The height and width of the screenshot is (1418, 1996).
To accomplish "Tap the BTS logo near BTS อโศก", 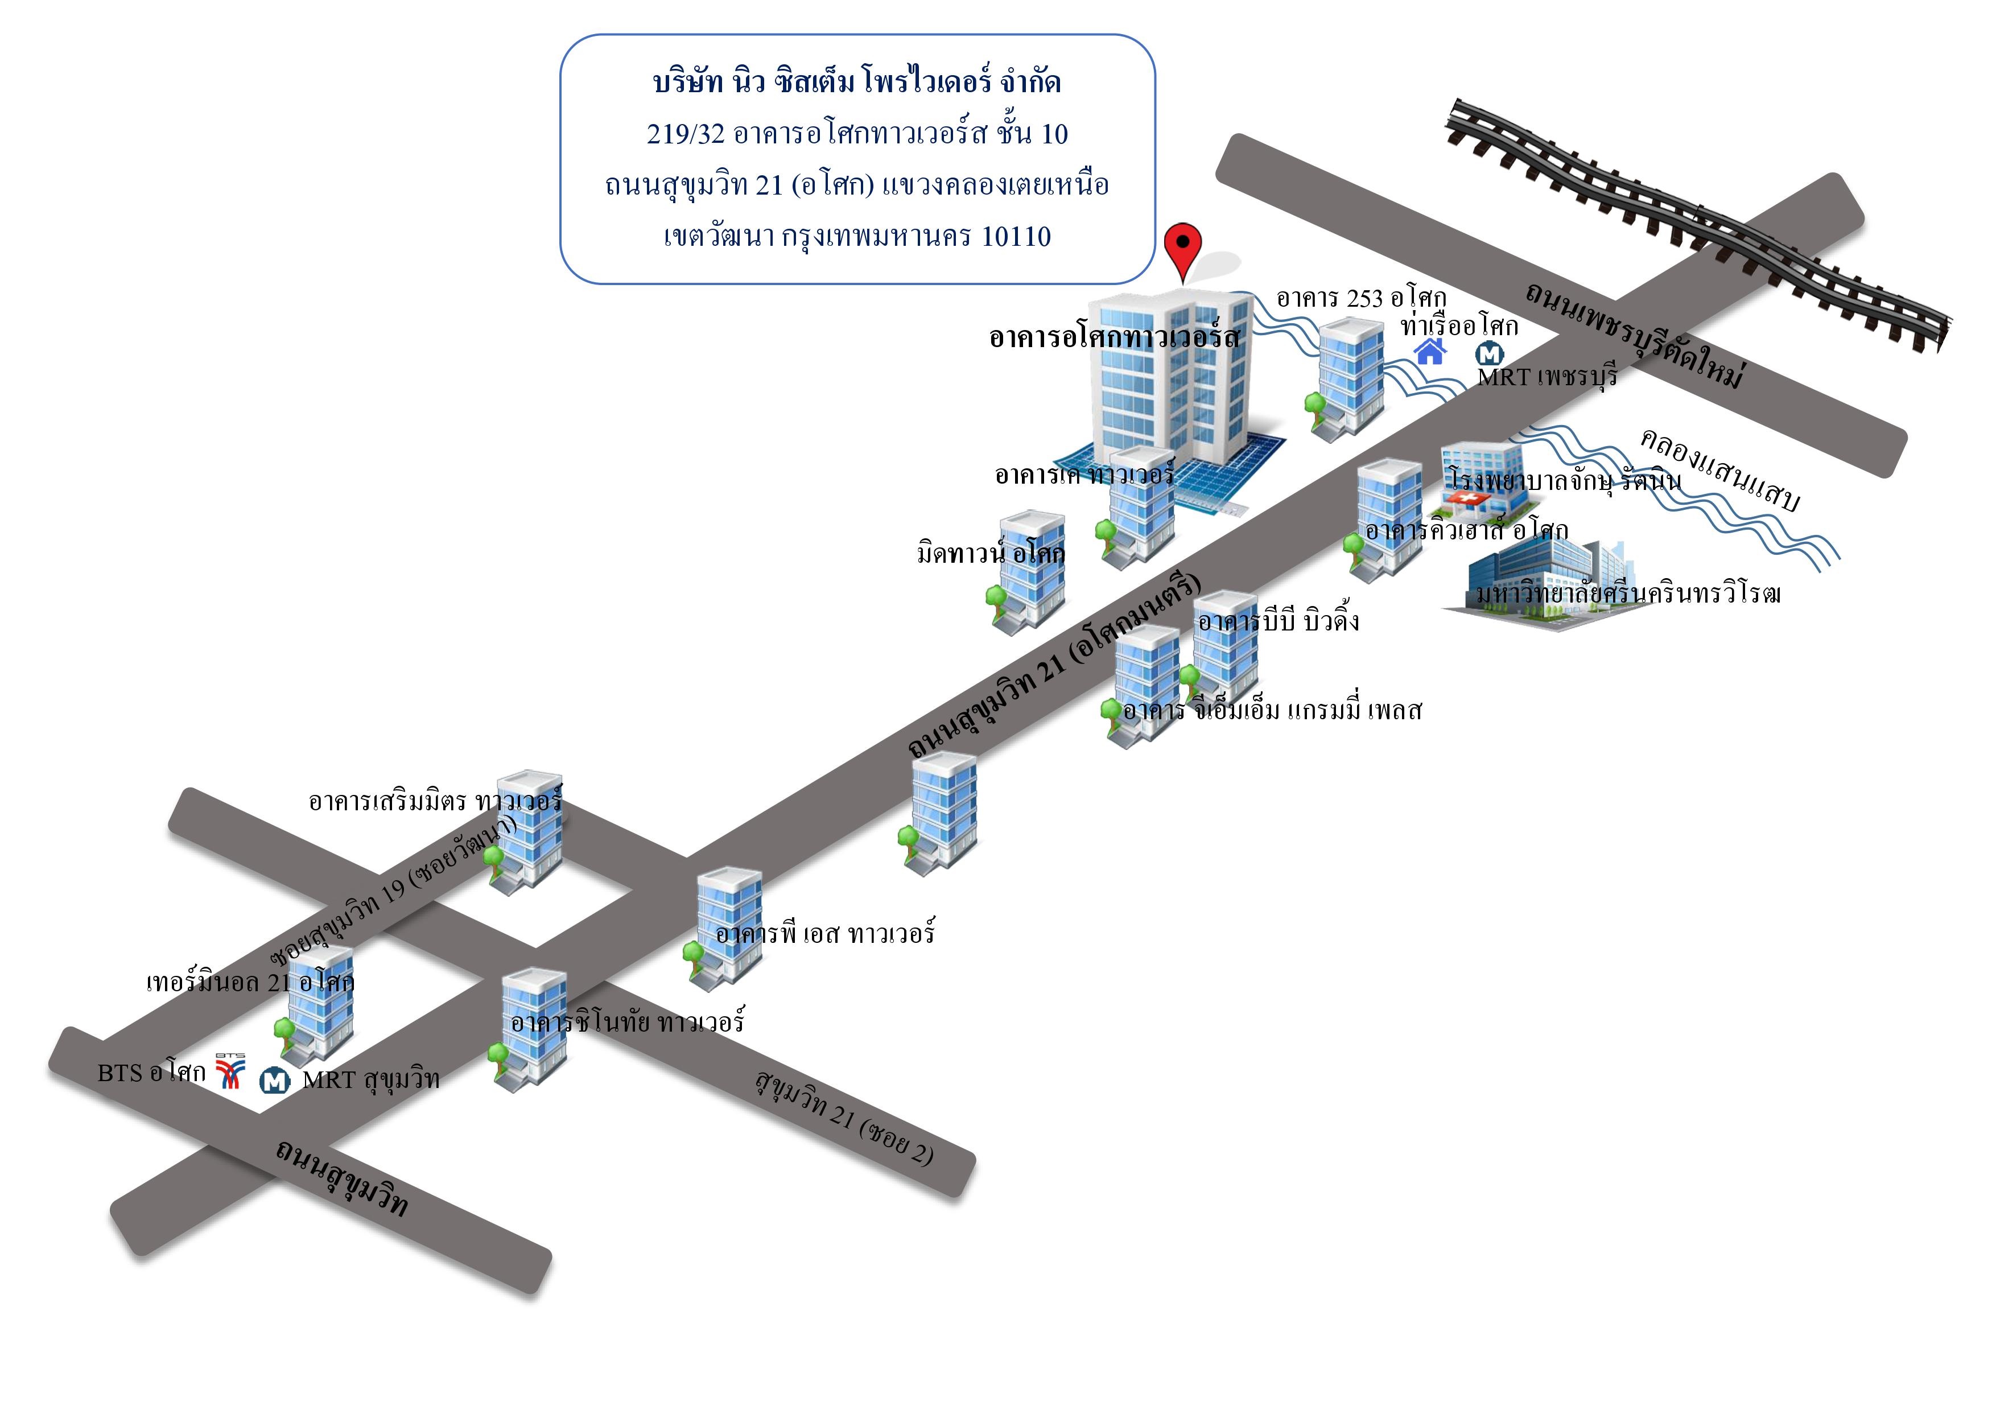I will coord(230,1071).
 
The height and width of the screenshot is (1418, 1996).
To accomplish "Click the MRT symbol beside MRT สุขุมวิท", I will coord(275,1081).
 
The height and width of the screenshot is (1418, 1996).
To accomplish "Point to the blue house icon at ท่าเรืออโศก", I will coord(1430,351).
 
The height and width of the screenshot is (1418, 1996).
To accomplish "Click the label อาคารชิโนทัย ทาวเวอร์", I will coord(627,1021).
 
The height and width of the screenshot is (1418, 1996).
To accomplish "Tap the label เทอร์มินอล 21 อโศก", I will coord(250,982).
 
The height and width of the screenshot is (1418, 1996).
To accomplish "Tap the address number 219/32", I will coord(686,134).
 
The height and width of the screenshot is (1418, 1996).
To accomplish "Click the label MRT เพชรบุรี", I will coord(1547,377).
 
